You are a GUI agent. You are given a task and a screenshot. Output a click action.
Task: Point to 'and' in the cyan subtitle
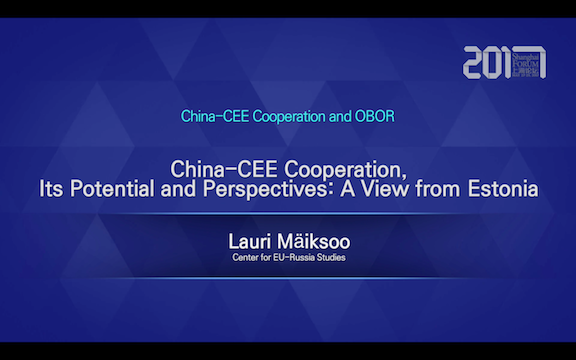coord(340,116)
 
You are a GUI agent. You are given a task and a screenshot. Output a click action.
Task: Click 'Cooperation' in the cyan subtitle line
coord(287,116)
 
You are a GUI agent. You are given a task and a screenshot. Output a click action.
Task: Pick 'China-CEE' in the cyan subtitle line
coord(213,116)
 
